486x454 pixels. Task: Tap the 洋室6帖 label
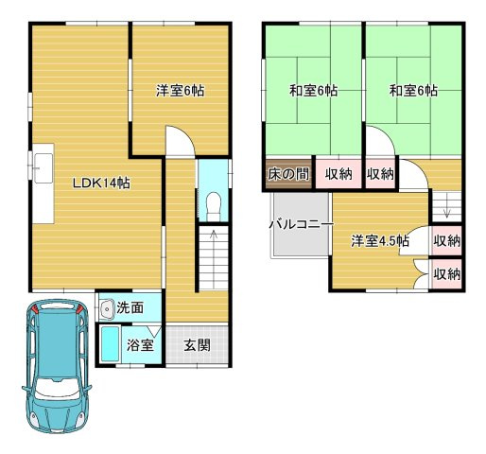pos(180,91)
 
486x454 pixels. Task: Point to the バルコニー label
pos(301,225)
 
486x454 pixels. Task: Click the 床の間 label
pos(287,173)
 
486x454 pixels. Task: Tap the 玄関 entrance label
pos(197,343)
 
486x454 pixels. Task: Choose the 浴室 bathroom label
pos(141,345)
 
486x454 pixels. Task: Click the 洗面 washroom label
pos(130,308)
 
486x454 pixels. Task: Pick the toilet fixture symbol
pos(213,204)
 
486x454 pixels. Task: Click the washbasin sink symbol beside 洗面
pos(106,308)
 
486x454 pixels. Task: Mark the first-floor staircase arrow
pos(213,246)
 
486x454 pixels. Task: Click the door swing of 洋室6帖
pos(180,143)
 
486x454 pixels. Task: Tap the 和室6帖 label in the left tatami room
pos(313,92)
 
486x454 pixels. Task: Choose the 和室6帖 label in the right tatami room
pos(412,92)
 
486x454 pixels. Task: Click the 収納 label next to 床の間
pos(339,173)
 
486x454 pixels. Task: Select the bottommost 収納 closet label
pos(446,274)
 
